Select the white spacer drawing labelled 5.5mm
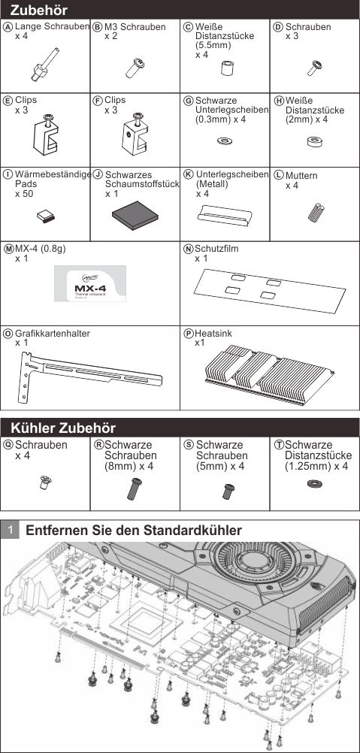(x=226, y=68)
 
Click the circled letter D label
(x=278, y=27)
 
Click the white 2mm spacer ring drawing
(x=316, y=141)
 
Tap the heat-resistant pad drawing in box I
(x=46, y=217)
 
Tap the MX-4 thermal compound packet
(x=90, y=283)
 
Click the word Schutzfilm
(x=216, y=249)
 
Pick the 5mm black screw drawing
(x=228, y=491)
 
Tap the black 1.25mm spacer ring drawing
(x=315, y=483)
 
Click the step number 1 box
(x=10, y=531)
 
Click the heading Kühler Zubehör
(x=63, y=428)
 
